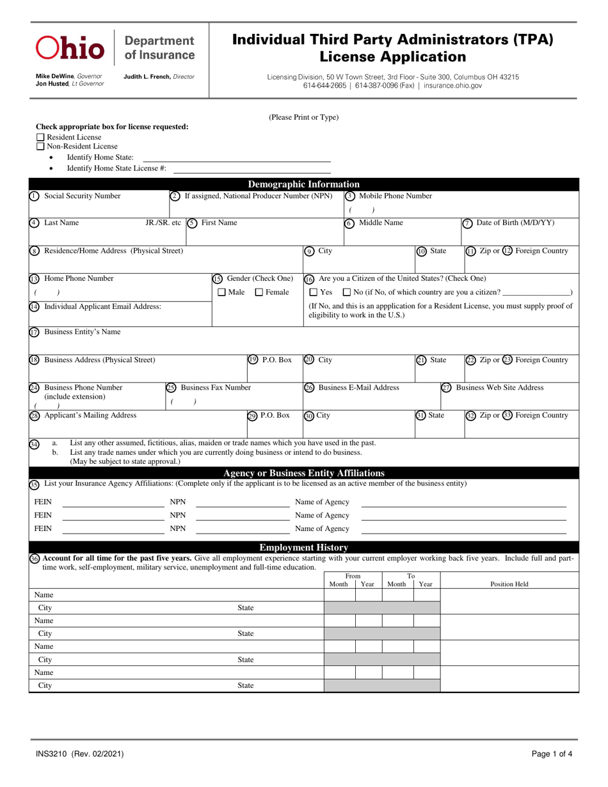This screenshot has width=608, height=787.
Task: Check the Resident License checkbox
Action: (x=40, y=137)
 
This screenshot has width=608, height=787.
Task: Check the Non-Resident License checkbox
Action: (x=40, y=147)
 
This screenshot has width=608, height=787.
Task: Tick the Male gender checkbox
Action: (x=221, y=292)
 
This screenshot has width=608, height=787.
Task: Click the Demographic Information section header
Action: (x=303, y=184)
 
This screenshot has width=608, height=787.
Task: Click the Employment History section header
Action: (x=303, y=547)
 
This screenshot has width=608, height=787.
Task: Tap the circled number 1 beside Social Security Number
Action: (x=34, y=196)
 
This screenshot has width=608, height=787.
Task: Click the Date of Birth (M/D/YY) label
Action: (x=515, y=223)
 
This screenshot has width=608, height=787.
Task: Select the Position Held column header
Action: (x=509, y=584)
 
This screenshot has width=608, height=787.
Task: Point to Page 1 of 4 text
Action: (x=552, y=754)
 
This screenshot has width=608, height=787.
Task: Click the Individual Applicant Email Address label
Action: (x=102, y=306)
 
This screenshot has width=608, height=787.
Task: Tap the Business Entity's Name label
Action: (x=82, y=332)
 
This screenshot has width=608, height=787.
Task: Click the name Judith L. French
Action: (x=147, y=77)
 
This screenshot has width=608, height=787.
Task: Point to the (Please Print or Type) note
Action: (x=303, y=117)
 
